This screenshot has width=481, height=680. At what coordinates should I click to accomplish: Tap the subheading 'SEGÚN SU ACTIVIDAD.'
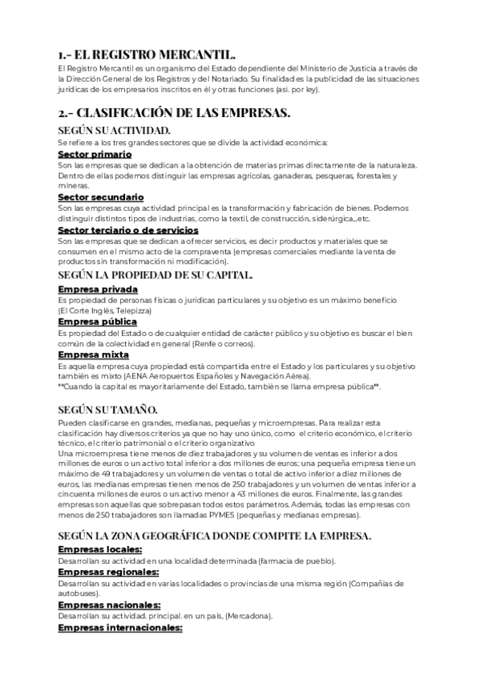[114, 129]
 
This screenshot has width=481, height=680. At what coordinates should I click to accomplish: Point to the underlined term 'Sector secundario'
[101, 196]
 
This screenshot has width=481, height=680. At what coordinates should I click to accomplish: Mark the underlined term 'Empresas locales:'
[100, 548]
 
